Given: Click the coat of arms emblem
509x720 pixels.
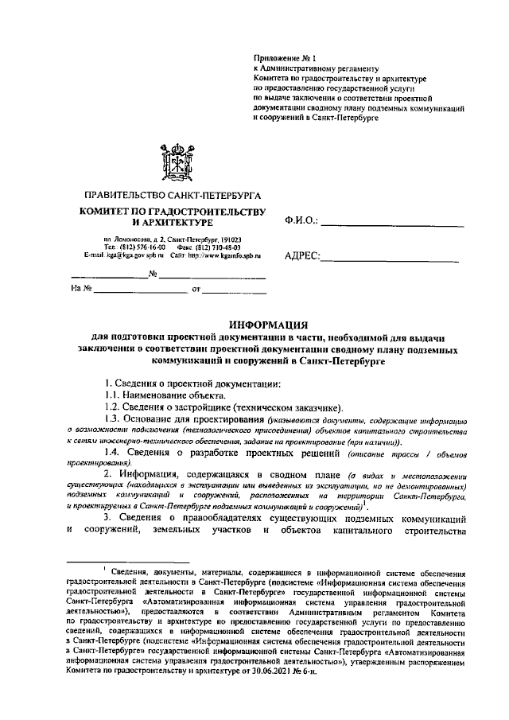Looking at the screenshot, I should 173,162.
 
